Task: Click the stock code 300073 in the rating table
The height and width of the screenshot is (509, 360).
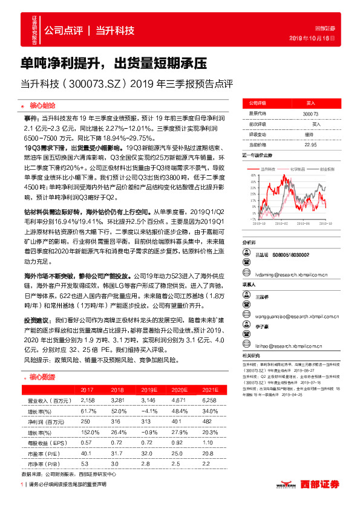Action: coord(310,114)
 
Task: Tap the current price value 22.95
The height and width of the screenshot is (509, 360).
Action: coord(310,144)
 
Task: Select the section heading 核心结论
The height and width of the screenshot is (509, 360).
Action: coord(40,103)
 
